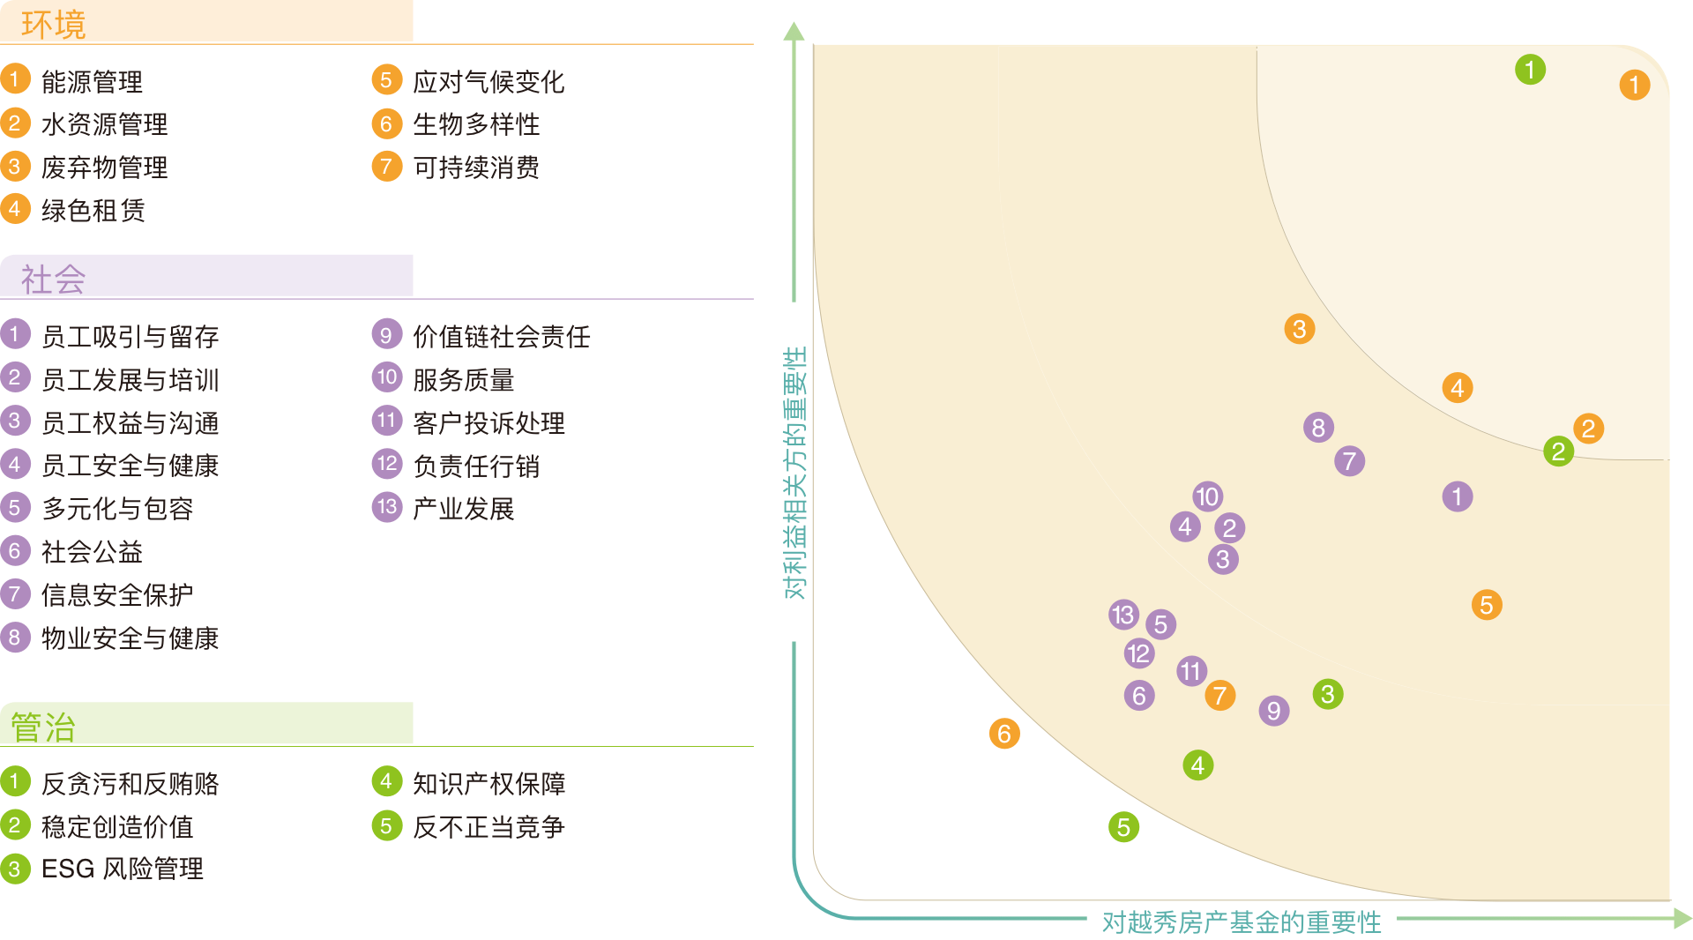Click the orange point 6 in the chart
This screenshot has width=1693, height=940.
coord(1004,734)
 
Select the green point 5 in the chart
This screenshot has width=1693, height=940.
coord(1123,827)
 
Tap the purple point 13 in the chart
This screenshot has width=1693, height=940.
coord(1123,615)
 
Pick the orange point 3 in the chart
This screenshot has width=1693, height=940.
coord(1299,329)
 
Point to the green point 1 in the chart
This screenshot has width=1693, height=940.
coord(1530,70)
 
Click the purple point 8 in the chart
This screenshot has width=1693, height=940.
coord(1318,428)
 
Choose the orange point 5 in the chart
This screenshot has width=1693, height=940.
coord(1487,605)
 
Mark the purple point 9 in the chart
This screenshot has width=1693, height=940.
coord(1274,711)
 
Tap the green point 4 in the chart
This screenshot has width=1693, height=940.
coord(1197,765)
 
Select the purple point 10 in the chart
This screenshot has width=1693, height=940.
coord(1207,496)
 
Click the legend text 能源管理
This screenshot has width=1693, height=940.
coord(92,82)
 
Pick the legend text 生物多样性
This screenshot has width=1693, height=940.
coord(476,124)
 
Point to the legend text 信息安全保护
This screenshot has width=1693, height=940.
coord(117,595)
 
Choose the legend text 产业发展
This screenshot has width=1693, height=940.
coord(464,509)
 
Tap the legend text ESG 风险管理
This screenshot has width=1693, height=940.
coord(123,869)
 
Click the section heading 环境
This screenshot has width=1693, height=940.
coord(53,24)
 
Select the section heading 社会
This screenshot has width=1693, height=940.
coord(53,280)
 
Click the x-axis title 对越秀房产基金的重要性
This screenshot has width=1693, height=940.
coord(1242,921)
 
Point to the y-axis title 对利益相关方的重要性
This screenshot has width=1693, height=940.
coord(794,473)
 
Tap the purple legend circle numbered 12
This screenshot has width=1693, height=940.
coord(386,464)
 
